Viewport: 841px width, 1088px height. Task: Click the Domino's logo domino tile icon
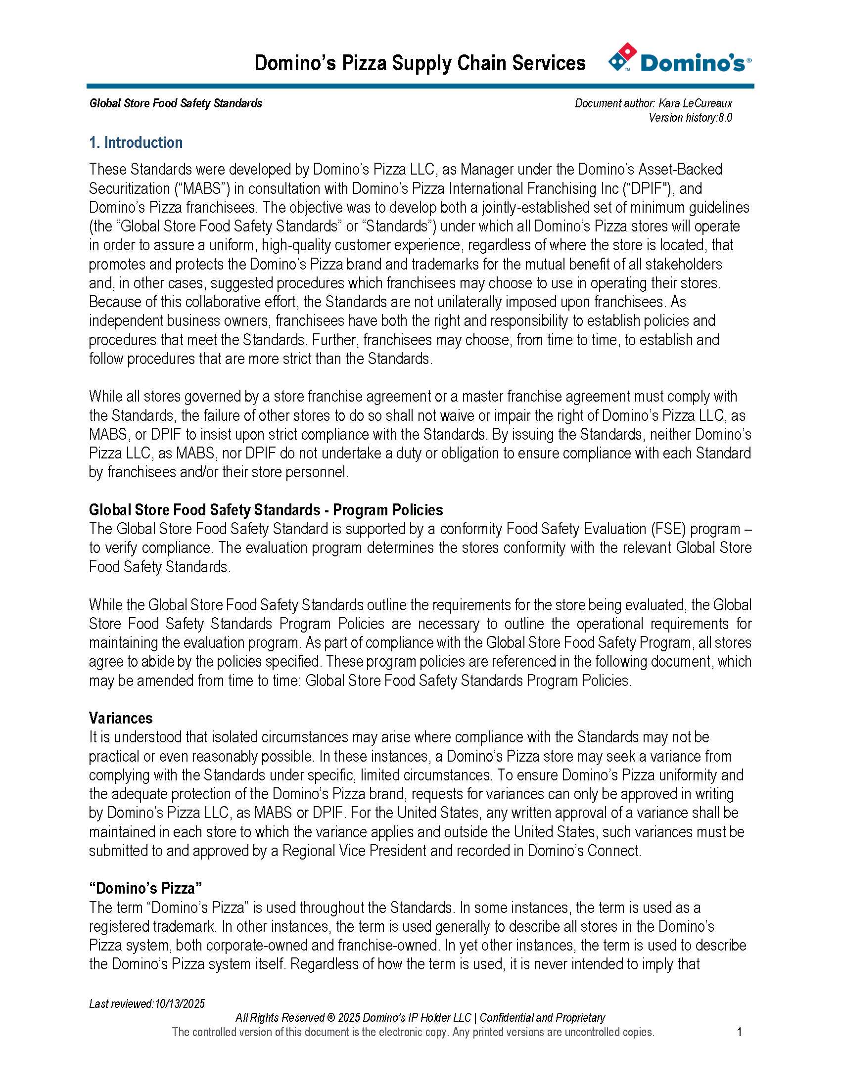click(x=622, y=57)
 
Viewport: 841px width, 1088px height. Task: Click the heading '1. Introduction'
click(x=136, y=143)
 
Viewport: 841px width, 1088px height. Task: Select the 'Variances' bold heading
click(x=121, y=718)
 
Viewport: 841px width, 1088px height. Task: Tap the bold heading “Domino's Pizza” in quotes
click(x=145, y=888)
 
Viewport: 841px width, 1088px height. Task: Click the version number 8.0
click(x=725, y=118)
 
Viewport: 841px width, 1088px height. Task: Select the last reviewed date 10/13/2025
click(x=180, y=1003)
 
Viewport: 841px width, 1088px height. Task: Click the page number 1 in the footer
click(x=740, y=1032)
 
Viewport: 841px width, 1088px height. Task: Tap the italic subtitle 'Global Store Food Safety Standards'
click(x=176, y=103)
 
